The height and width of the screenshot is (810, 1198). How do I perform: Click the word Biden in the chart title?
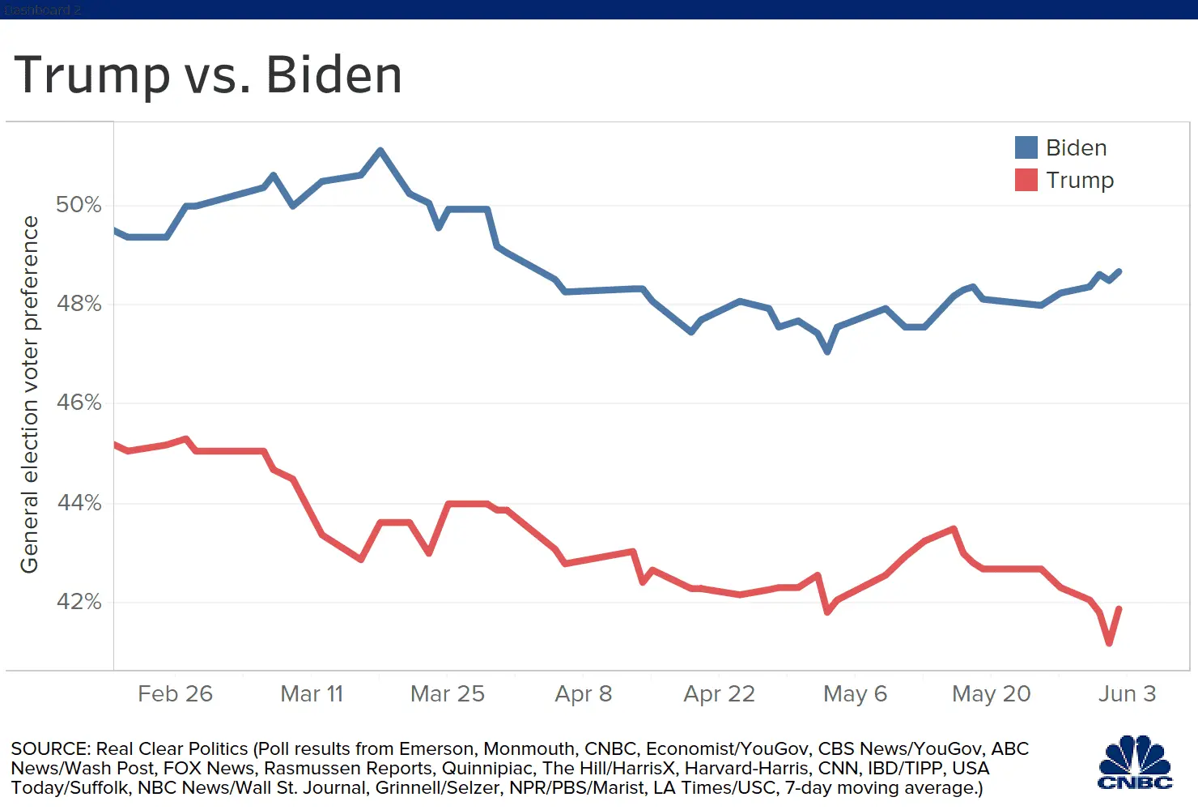333,75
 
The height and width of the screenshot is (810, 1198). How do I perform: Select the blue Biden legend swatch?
1026,147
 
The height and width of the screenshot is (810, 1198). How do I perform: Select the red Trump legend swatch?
1026,180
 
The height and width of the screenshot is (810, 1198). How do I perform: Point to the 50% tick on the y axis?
79,205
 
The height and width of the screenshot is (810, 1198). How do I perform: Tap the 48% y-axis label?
79,304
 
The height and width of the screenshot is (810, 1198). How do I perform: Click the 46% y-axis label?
79,403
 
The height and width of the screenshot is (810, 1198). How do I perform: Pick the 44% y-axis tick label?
79,503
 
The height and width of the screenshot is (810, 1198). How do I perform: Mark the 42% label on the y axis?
79,602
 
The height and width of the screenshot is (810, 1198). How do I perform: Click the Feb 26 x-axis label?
175,694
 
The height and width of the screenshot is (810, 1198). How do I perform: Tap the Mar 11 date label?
312,694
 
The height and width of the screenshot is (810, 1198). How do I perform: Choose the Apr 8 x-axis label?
583,694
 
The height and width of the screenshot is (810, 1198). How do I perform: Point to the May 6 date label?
855,694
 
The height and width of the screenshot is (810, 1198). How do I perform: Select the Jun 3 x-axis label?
1127,694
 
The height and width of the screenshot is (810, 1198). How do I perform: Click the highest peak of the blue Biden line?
380,150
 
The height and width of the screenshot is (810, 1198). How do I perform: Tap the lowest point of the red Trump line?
1109,643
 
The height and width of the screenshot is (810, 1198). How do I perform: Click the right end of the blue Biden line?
1119,271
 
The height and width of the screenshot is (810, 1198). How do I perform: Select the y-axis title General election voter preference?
30,394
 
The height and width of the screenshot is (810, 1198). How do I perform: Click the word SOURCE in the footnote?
50,748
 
